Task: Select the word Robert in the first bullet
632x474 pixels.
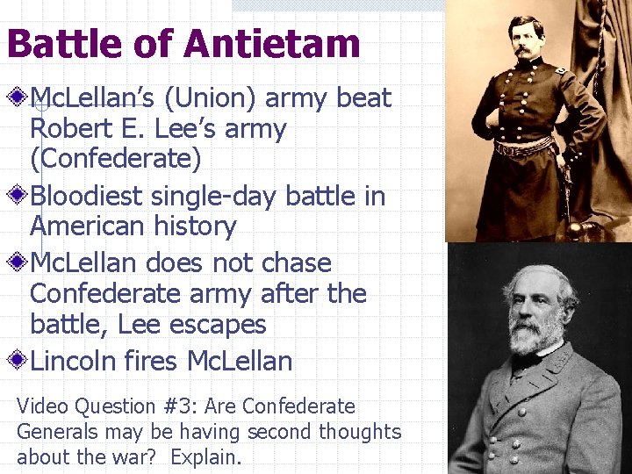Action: (71, 130)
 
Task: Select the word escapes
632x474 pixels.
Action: (219, 324)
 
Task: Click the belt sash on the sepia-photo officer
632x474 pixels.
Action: (525, 147)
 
